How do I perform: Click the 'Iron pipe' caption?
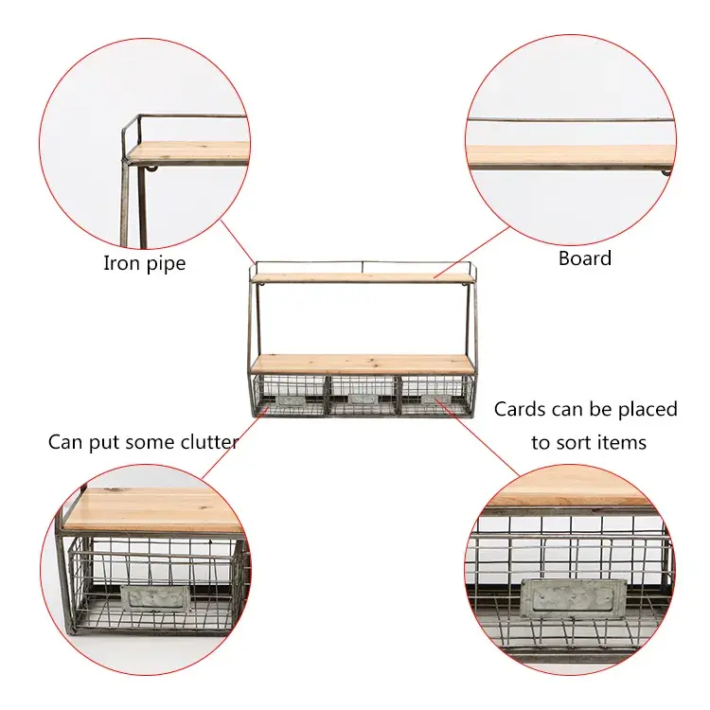pyautogui.click(x=144, y=263)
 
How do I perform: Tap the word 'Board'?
pyautogui.click(x=585, y=257)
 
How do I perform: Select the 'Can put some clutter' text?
pyautogui.click(x=143, y=441)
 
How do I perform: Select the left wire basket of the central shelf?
pyautogui.click(x=289, y=395)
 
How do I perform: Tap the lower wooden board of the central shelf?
pyautogui.click(x=363, y=364)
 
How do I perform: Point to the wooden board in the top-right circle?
pyautogui.click(x=571, y=156)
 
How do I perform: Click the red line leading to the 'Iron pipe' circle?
pyautogui.click(x=238, y=241)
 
